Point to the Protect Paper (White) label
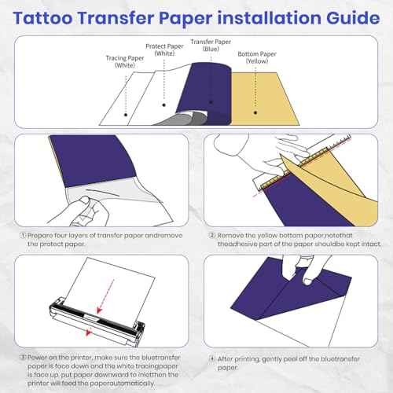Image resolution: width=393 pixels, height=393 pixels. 167,50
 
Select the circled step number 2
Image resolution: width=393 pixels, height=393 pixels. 211,234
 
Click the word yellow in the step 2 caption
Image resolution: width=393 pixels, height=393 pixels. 272,234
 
